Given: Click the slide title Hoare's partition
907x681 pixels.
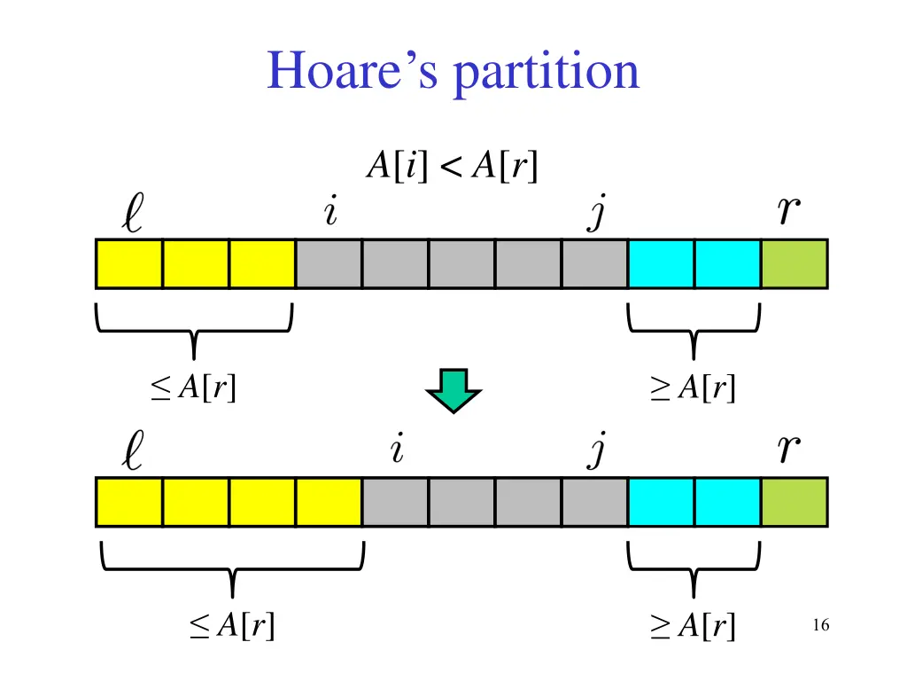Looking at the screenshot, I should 453,71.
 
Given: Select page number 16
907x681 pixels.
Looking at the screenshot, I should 820,626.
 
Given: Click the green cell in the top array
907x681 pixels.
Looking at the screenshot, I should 795,264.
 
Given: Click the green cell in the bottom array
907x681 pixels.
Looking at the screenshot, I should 795,502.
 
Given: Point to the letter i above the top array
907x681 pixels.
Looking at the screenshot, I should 329,212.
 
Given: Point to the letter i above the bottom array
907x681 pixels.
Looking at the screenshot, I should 397,450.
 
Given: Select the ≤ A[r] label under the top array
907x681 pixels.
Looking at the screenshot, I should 194,387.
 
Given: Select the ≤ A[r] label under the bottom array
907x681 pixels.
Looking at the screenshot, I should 232,626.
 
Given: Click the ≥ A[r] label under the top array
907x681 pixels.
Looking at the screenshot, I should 694,387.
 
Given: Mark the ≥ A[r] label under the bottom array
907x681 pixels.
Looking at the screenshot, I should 694,626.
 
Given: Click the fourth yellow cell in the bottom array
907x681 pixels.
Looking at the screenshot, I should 329,502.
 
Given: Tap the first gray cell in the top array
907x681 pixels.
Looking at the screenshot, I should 329,264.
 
